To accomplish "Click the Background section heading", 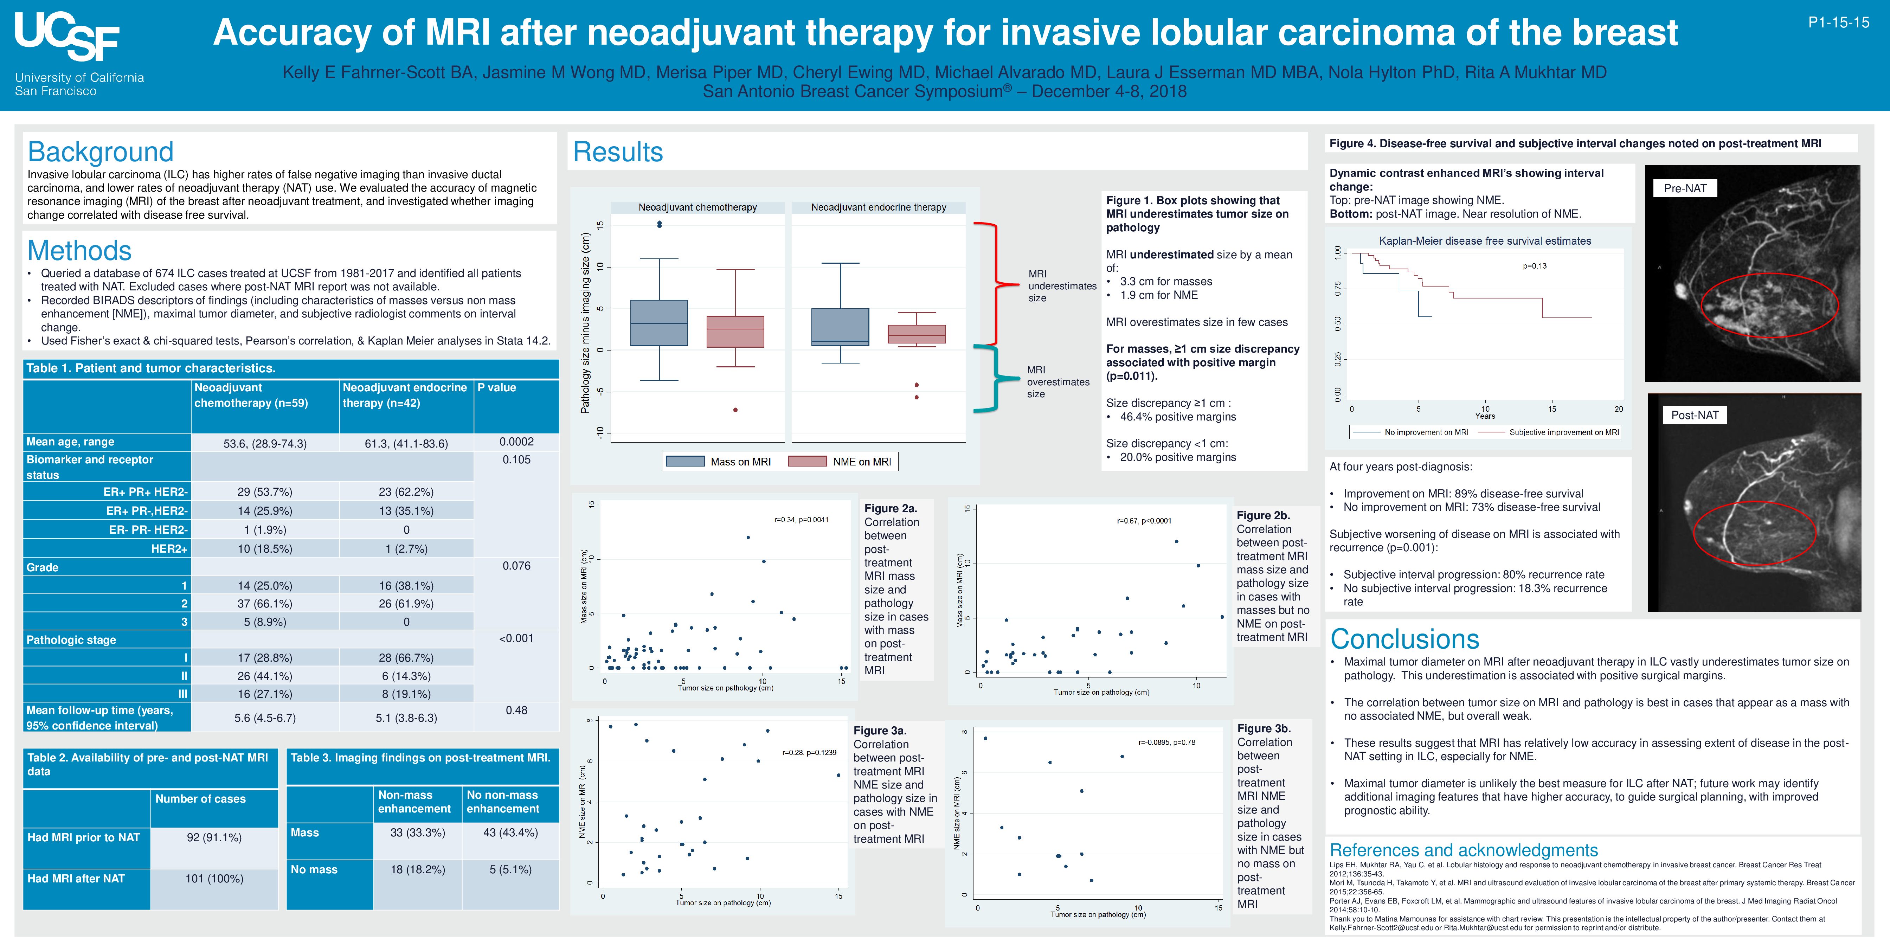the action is coord(101,152).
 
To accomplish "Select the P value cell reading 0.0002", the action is coord(516,442).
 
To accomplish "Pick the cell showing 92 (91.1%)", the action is coord(214,837).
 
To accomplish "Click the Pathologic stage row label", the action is coord(71,640).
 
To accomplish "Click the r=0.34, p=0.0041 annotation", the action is coord(801,520).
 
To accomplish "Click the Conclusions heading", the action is coord(1404,639).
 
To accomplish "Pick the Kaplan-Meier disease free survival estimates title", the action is coord(1485,241).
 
